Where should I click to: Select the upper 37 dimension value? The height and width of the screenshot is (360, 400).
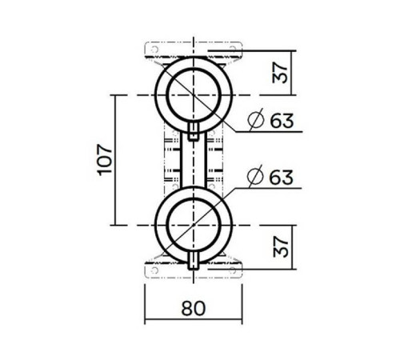tap(279, 72)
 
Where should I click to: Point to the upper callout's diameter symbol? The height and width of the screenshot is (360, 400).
tap(255, 122)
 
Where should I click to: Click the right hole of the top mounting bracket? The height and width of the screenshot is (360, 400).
tap(237, 50)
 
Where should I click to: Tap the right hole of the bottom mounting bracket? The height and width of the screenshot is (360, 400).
tap(237, 270)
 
